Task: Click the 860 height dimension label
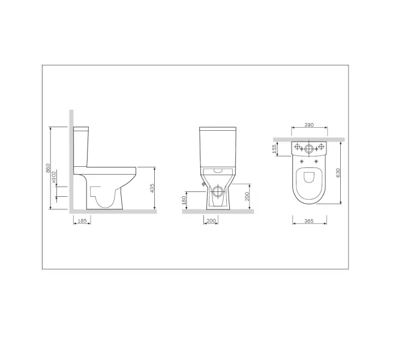(48, 169)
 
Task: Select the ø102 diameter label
(54, 177)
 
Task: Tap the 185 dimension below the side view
(82, 221)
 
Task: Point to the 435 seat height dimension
(152, 188)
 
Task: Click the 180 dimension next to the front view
(184, 200)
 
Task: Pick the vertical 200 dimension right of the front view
(247, 197)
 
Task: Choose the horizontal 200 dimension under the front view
(211, 221)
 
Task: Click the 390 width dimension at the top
(309, 125)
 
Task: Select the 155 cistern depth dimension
(275, 149)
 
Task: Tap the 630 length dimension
(338, 173)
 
